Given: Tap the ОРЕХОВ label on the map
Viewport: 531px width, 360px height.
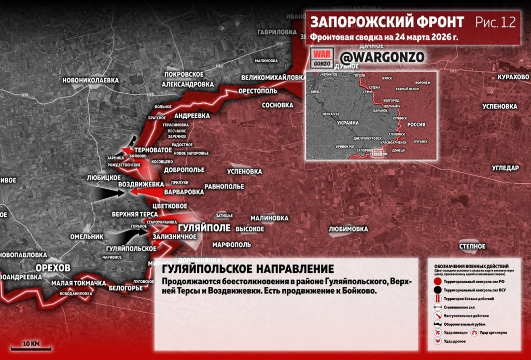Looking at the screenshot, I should (x=53, y=267).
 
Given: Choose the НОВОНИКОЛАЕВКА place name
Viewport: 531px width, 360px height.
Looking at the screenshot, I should (x=90, y=80).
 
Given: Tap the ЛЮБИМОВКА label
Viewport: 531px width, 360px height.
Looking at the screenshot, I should (x=348, y=229).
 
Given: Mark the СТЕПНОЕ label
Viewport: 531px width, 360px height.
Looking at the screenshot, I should (x=472, y=246).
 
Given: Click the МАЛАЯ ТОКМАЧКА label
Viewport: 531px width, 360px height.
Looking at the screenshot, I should (x=79, y=283).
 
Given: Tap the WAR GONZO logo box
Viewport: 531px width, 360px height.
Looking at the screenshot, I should (x=320, y=58).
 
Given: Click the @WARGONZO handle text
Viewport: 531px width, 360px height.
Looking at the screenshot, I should (x=374, y=57).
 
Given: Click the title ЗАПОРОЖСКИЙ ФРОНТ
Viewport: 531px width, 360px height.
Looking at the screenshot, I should (x=387, y=23).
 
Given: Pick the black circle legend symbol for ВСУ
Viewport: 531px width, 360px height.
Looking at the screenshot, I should (x=438, y=289).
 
